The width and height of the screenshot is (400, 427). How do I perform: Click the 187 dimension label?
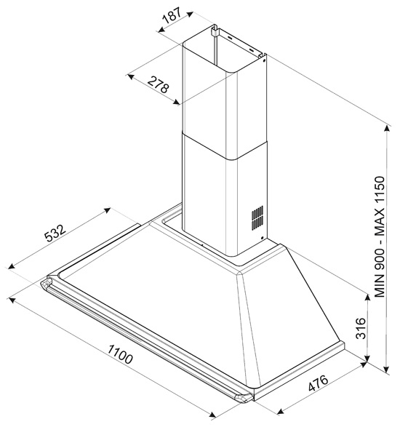click(x=172, y=15)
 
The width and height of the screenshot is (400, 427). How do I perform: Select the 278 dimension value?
click(x=159, y=85)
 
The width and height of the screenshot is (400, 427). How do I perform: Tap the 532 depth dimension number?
click(x=55, y=233)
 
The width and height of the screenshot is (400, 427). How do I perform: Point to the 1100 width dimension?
click(x=120, y=354)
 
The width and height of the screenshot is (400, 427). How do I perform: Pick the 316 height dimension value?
click(x=361, y=328)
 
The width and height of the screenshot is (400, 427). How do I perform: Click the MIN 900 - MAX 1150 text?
click(x=380, y=236)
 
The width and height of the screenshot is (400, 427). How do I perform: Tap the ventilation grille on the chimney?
click(x=257, y=218)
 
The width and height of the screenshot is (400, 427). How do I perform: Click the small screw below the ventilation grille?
click(x=262, y=238)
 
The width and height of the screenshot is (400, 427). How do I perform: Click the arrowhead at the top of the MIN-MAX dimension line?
click(x=386, y=129)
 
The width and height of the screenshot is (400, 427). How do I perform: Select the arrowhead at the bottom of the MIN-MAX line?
click(x=386, y=370)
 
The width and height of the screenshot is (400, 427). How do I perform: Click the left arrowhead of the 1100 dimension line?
click(x=12, y=300)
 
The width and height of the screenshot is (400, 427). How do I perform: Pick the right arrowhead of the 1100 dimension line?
click(x=212, y=414)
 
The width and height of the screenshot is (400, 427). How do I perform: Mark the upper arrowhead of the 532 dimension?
click(x=107, y=210)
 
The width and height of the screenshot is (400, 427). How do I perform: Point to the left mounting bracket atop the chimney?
click(x=215, y=31)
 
